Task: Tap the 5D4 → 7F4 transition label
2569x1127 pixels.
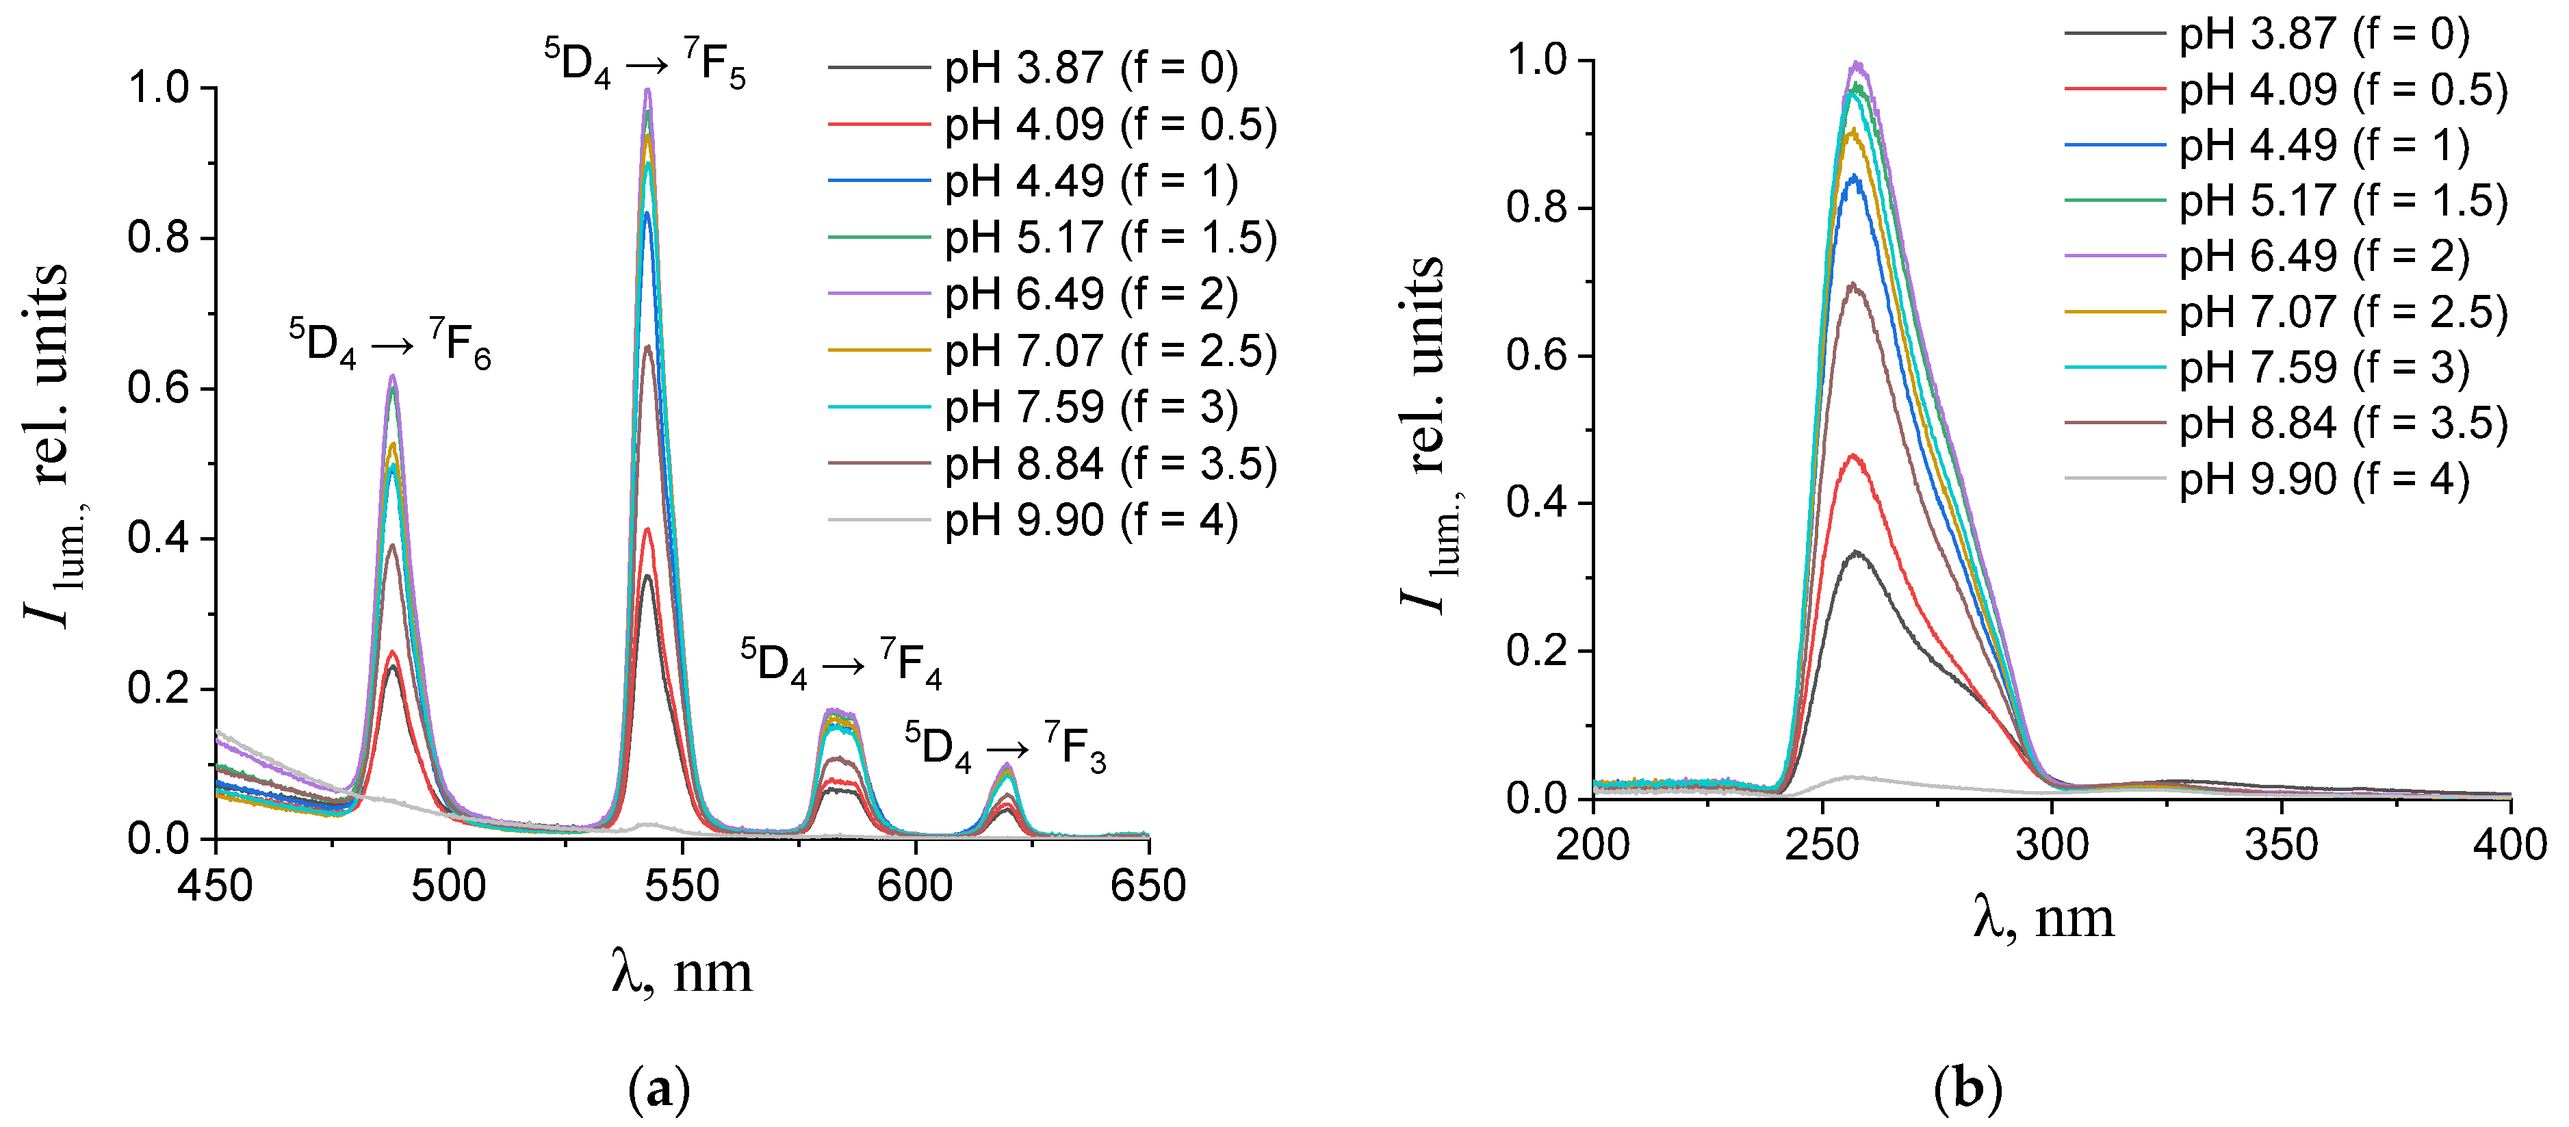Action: [841, 662]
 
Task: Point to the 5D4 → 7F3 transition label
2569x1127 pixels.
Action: [1005, 746]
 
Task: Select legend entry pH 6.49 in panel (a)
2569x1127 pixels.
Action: [1090, 294]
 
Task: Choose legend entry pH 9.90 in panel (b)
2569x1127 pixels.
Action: [2324, 480]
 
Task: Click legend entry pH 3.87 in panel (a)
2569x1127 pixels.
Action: [1090, 68]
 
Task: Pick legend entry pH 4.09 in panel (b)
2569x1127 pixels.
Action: [2342, 90]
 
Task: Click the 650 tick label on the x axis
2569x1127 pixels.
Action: [1148, 885]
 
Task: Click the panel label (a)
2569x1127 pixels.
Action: [659, 1090]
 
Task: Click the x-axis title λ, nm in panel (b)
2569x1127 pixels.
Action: [2043, 918]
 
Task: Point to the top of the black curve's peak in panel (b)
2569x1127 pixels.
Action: [1856, 552]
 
